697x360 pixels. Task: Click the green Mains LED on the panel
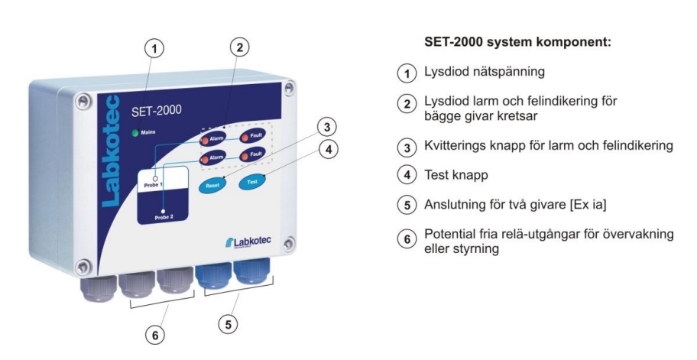135,133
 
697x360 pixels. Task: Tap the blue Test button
252,181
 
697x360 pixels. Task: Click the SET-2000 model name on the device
157,110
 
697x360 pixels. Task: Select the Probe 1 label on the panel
154,184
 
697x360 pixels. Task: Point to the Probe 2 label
164,218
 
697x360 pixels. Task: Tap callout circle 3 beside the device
327,128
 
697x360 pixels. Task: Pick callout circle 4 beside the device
329,150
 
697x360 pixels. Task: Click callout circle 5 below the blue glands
228,324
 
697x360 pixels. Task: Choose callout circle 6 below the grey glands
155,335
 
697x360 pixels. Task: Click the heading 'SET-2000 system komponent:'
518,43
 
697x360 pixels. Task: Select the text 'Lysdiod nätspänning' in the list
484,72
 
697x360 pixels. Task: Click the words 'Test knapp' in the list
456,175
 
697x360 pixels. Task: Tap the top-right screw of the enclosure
290,88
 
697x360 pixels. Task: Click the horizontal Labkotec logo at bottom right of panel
248,242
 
